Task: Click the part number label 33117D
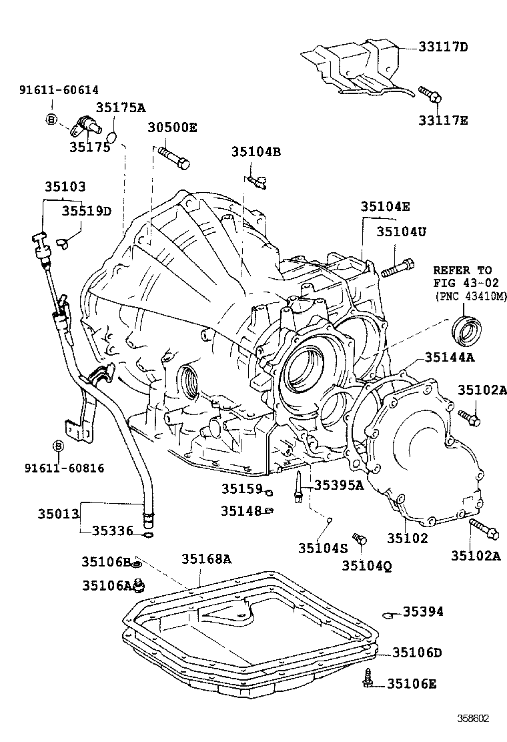(x=444, y=47)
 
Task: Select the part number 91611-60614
(x=59, y=90)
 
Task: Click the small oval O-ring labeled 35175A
(x=113, y=137)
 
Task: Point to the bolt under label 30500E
(x=174, y=158)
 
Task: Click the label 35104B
(x=256, y=151)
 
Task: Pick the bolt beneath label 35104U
(x=397, y=268)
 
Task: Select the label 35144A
(x=450, y=357)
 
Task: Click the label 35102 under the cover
(x=407, y=538)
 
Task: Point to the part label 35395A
(x=338, y=485)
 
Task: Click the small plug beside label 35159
(x=268, y=492)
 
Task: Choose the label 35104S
(x=323, y=548)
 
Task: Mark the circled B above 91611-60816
(x=58, y=446)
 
